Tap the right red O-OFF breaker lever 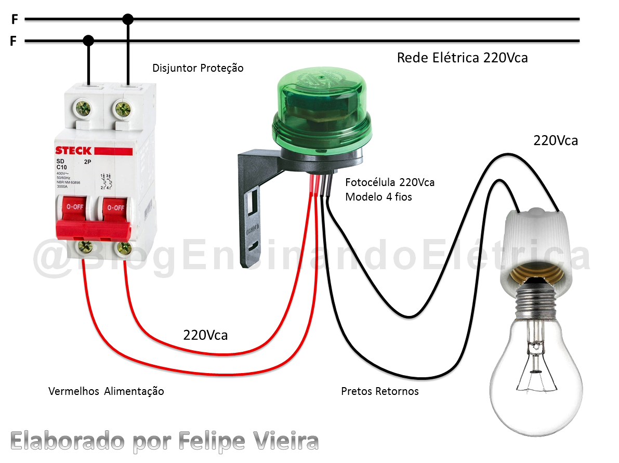[114, 208]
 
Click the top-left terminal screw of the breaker [83, 108]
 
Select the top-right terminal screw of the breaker [123, 108]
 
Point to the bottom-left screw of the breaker [82, 247]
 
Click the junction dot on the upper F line [128, 20]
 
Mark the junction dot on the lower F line [89, 41]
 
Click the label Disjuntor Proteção [197, 68]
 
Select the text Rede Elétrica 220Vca [462, 58]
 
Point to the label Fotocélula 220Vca [390, 182]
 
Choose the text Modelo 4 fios [379, 197]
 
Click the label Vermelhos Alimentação [106, 391]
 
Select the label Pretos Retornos [379, 391]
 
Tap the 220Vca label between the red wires [205, 335]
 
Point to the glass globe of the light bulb [535, 374]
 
